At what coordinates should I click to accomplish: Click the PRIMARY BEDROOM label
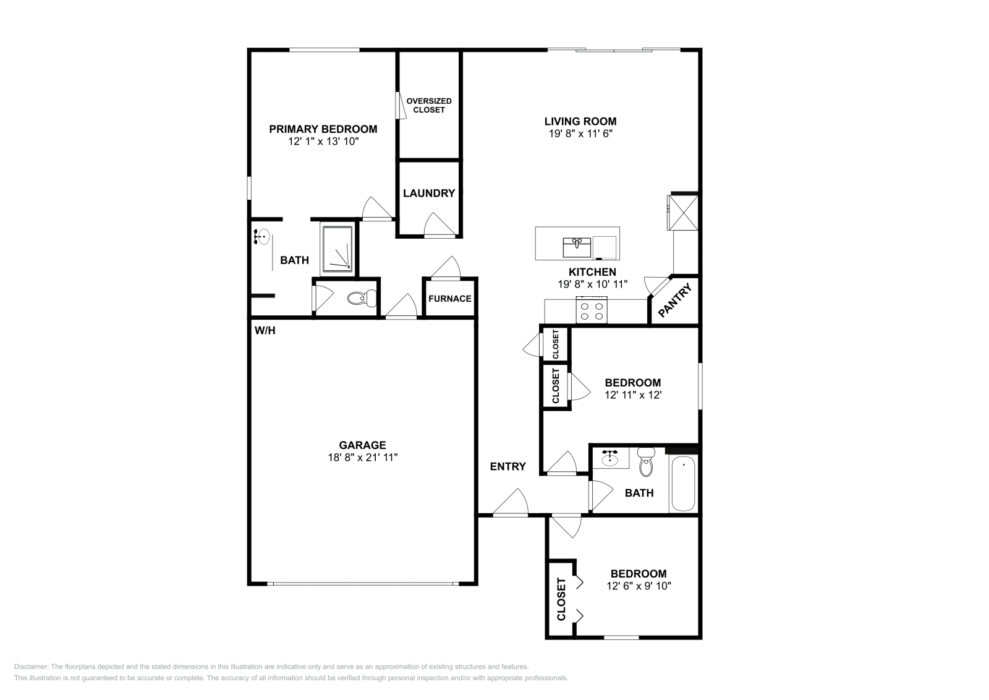[323, 129]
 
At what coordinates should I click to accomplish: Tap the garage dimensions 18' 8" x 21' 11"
[362, 458]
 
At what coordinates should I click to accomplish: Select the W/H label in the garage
[265, 331]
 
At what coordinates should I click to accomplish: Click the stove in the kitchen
[592, 310]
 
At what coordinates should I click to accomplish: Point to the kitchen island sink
[577, 247]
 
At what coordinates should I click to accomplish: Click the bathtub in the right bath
[682, 484]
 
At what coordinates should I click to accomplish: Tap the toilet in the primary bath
[362, 299]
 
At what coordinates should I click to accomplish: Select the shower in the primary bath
[337, 249]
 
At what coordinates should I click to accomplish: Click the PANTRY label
[674, 301]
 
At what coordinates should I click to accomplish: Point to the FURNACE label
[449, 299]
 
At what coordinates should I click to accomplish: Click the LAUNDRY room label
[428, 194]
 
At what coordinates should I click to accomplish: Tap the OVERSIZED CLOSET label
[429, 105]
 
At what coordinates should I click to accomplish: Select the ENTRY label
[507, 467]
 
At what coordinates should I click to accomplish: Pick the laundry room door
[439, 225]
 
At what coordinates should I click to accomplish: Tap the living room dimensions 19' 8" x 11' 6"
[580, 134]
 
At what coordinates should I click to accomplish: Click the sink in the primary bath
[261, 236]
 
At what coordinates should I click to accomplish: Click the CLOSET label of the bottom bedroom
[561, 599]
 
